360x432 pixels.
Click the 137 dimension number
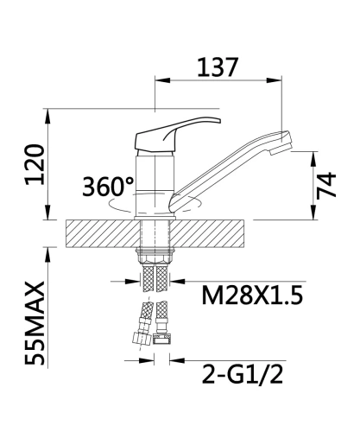(x=218, y=67)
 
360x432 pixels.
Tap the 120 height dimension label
(x=35, y=165)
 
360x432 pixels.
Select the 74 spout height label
(x=326, y=186)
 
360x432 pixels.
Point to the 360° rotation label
(x=108, y=187)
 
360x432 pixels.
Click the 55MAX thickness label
(x=35, y=323)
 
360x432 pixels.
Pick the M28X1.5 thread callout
(x=252, y=295)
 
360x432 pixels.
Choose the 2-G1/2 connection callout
(x=243, y=374)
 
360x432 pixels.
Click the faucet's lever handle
(x=178, y=134)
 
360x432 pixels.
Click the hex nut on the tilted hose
(x=142, y=339)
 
